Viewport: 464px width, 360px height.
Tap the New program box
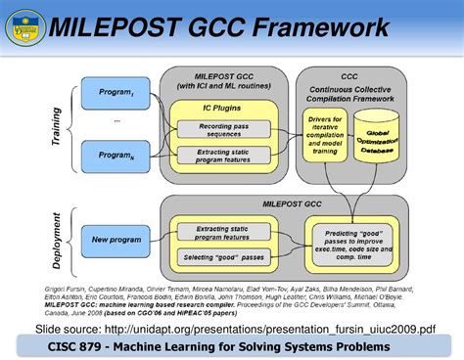coord(115,239)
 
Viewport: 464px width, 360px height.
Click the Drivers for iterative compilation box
coord(316,132)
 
